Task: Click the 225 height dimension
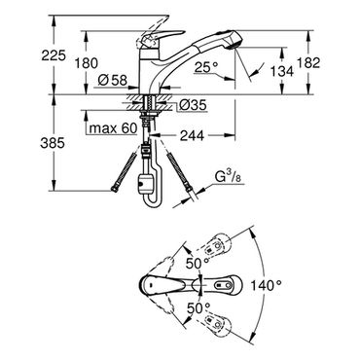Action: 54,55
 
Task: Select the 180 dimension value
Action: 87,63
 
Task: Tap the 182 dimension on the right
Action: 308,63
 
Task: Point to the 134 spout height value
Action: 282,71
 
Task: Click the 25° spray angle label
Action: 206,67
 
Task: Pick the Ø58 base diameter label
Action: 112,80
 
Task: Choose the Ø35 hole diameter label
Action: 193,105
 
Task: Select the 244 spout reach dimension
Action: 193,135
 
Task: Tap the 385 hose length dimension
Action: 53,143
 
